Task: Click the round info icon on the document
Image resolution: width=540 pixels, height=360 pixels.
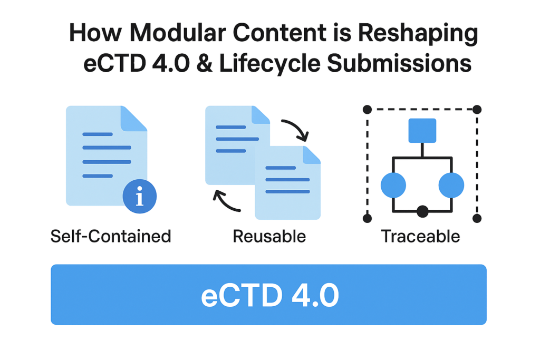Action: pyautogui.click(x=139, y=198)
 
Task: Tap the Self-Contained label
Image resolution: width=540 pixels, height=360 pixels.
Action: pyautogui.click(x=111, y=236)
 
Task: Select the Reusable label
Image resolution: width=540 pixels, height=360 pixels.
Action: pyautogui.click(x=269, y=237)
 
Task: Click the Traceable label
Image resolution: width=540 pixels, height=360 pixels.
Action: pyautogui.click(x=421, y=237)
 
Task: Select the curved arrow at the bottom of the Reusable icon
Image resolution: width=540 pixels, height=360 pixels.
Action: pyautogui.click(x=226, y=202)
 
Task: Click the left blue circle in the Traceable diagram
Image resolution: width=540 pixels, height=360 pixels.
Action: pyautogui.click(x=393, y=185)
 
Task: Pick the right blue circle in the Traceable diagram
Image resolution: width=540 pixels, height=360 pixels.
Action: pyautogui.click(x=451, y=185)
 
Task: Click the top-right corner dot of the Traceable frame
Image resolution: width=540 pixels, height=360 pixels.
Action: pyautogui.click(x=477, y=109)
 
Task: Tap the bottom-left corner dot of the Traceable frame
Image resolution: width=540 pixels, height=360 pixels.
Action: pyautogui.click(x=368, y=218)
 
